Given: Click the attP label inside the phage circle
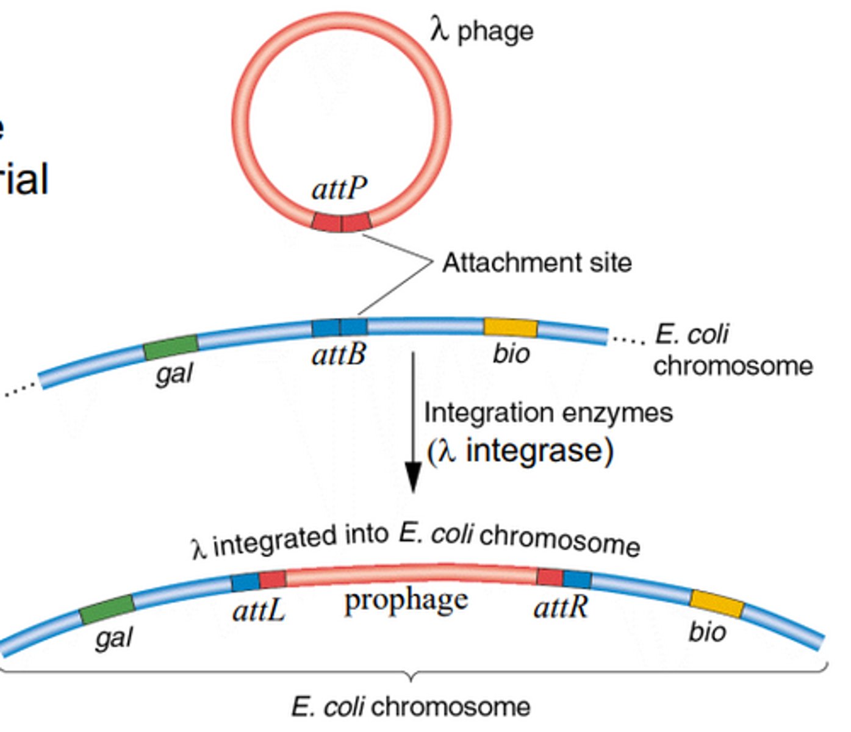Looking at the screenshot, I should coord(339,188).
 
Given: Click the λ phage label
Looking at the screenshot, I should coord(482,30).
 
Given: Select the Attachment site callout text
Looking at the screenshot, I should coord(537,263).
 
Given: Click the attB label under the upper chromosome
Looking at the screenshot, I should coord(339,354).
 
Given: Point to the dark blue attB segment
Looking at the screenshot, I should coord(339,328).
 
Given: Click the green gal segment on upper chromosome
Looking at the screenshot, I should coord(171,347).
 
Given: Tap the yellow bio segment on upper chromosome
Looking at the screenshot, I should coord(511,328).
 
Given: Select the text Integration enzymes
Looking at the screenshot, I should coord(548,413).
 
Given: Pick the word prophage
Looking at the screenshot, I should coord(406,601).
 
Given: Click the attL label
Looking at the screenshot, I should coord(259,609).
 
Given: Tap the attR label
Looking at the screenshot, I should coord(561,607).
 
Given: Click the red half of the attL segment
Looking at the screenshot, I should coord(273,579).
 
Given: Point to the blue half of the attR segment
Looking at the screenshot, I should coord(577,579).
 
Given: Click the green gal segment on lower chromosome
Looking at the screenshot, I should coord(107,609).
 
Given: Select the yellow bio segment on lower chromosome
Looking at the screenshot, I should coord(717,603).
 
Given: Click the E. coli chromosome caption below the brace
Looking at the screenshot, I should coord(411,707).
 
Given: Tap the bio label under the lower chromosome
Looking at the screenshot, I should coord(707,631).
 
